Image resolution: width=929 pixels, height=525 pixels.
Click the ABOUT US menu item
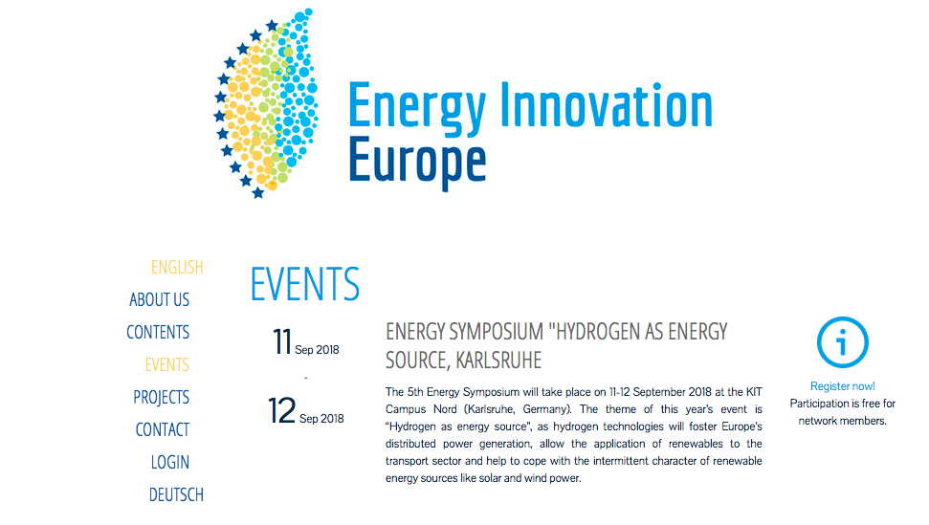click(x=160, y=300)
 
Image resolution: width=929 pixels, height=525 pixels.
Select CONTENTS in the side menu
click(x=158, y=332)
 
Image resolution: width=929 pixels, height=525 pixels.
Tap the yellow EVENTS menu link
click(x=167, y=364)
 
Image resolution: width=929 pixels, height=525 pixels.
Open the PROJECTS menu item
click(x=161, y=397)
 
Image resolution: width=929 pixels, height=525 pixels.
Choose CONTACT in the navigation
click(x=163, y=429)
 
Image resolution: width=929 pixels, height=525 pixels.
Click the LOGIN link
click(x=170, y=462)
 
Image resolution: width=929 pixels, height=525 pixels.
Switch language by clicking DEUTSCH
click(x=176, y=494)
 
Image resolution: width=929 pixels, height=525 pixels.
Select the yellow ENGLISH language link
click(x=177, y=268)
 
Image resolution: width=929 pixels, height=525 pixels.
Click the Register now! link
click(x=843, y=386)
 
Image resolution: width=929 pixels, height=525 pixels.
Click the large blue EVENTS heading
click(x=305, y=284)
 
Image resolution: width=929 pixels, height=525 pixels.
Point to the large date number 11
click(x=282, y=342)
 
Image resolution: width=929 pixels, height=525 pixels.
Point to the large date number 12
click(x=281, y=411)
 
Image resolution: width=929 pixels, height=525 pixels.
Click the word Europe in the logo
click(x=417, y=161)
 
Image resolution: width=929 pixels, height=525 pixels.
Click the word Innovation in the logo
click(x=607, y=105)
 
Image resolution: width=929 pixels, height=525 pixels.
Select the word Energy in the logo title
click(x=417, y=109)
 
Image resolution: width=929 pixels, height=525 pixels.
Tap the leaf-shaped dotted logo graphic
click(x=266, y=103)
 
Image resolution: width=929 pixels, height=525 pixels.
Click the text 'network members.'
click(x=843, y=421)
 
